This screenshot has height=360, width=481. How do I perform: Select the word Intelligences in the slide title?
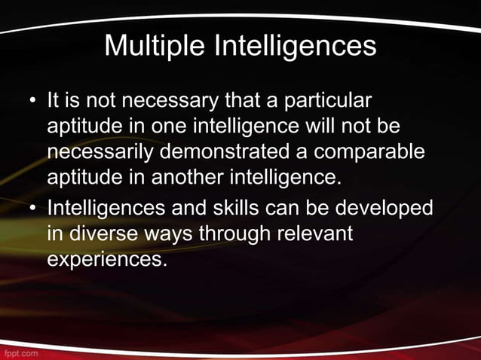296,46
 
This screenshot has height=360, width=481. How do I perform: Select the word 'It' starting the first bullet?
53,101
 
